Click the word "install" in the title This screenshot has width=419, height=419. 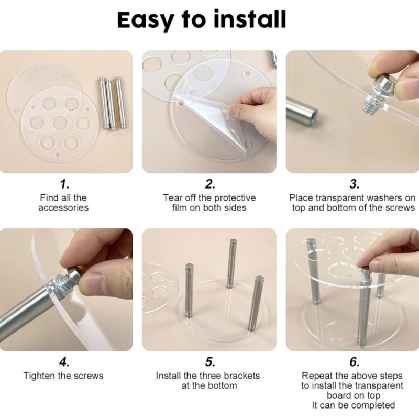250,19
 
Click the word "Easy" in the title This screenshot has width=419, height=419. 146,20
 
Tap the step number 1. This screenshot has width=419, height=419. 64,184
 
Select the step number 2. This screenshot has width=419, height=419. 210,184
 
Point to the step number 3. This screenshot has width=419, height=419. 355,184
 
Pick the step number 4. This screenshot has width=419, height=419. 64,362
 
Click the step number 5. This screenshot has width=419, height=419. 210,362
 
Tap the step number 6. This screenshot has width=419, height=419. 355,362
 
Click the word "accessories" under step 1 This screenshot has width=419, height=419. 63,207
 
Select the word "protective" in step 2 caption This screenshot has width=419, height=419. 235,198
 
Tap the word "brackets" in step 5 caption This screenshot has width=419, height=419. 241,376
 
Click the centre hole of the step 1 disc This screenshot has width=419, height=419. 60,123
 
